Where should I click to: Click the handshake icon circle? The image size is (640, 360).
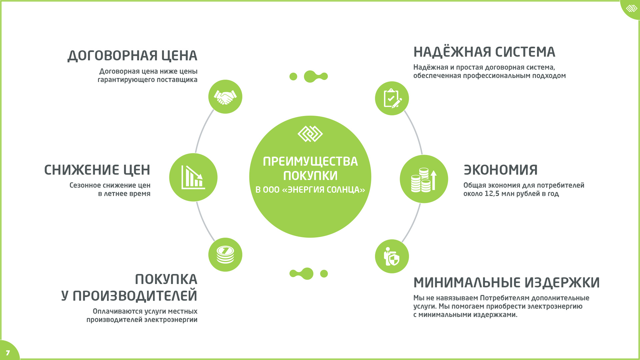pyautogui.click(x=225, y=97)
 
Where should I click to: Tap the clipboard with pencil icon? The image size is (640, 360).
pyautogui.click(x=392, y=98)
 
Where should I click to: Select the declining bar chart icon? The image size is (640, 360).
pyautogui.click(x=193, y=177)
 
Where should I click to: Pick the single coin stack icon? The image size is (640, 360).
pyautogui.click(x=225, y=255)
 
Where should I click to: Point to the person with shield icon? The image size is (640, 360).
pyautogui.click(x=392, y=256)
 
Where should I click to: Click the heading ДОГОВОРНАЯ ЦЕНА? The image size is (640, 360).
pyautogui.click(x=132, y=56)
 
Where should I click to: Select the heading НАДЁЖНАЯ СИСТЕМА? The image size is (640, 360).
pyautogui.click(x=484, y=52)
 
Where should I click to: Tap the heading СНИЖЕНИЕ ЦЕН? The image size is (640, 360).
pyautogui.click(x=97, y=170)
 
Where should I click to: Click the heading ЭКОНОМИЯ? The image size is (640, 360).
pyautogui.click(x=501, y=170)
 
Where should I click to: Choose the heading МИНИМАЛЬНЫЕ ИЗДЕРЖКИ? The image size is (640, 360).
pyautogui.click(x=507, y=283)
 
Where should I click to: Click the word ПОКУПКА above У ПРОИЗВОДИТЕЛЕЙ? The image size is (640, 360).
pyautogui.click(x=166, y=279)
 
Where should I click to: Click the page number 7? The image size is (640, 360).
pyautogui.click(x=8, y=353)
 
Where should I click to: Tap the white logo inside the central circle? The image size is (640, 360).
pyautogui.click(x=310, y=134)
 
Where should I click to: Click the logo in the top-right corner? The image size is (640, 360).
pyautogui.click(x=631, y=8)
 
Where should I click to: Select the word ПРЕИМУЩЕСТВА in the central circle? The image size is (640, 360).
pyautogui.click(x=310, y=162)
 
